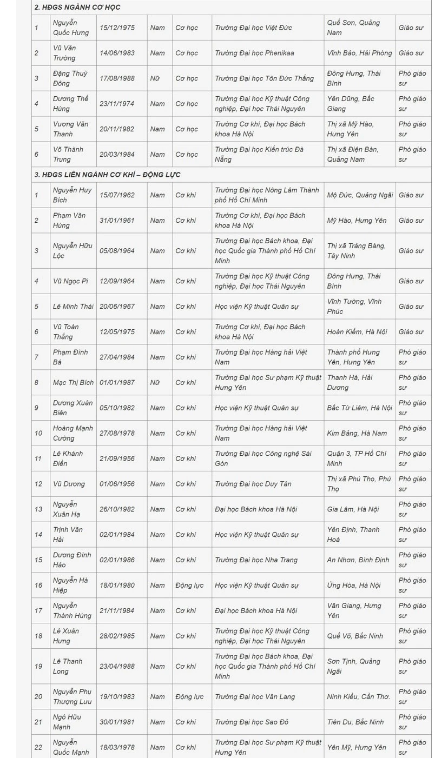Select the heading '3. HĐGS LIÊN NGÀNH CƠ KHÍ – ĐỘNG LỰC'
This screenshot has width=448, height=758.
point(107,175)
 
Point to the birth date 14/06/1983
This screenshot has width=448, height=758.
point(117,53)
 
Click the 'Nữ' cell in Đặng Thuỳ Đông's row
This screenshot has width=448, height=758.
point(155,78)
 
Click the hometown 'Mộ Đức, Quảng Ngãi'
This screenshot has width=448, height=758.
point(360,195)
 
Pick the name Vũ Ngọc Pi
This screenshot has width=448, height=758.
point(70,281)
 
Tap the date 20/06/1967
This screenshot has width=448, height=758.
point(117,307)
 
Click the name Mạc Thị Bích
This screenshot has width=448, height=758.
point(73,382)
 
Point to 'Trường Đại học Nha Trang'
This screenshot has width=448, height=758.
point(256,560)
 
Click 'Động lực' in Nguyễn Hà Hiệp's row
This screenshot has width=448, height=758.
point(189,585)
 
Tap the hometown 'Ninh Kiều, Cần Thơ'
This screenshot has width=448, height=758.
point(359,696)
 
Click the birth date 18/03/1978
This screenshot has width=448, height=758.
point(117,747)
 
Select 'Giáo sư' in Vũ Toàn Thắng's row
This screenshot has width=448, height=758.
point(411,332)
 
